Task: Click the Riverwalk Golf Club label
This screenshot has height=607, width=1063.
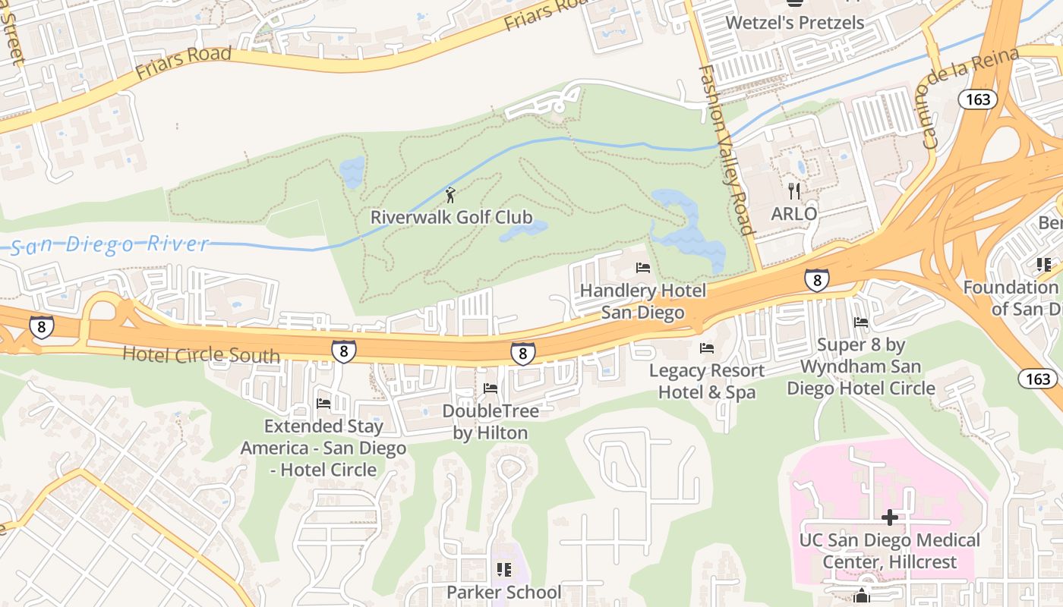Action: tap(451, 217)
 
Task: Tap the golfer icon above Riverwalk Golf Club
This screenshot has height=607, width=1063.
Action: tap(450, 195)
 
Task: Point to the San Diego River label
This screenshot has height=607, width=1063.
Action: tap(110, 244)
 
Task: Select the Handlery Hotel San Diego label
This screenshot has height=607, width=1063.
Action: tap(642, 301)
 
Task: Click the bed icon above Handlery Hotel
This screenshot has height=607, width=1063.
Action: tap(643, 268)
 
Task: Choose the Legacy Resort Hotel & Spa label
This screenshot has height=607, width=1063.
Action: tap(707, 381)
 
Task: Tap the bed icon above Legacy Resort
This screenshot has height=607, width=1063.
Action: tap(707, 348)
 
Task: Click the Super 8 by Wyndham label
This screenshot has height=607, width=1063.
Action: tap(861, 366)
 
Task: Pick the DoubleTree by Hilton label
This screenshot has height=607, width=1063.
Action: tap(490, 422)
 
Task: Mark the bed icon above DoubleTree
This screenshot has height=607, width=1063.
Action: tap(490, 389)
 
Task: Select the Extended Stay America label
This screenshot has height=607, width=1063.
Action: tap(323, 448)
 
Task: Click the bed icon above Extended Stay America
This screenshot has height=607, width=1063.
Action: tap(323, 404)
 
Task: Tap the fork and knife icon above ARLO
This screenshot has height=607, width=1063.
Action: tap(794, 190)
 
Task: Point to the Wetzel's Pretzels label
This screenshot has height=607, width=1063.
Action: tap(795, 22)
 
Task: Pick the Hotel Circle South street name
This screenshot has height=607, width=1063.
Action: tap(200, 354)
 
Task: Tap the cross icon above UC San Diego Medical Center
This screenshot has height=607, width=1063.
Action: tap(890, 518)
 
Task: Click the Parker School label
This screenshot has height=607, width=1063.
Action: tap(504, 592)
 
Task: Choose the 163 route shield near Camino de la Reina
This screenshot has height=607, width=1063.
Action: tap(978, 99)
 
